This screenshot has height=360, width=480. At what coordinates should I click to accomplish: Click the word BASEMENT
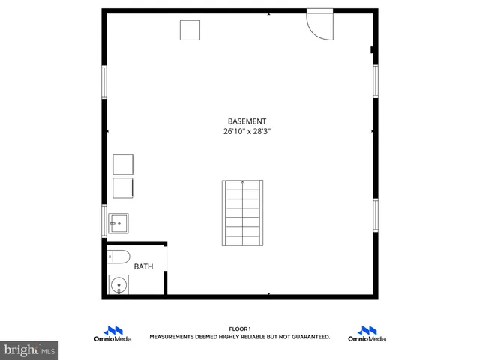tap(247, 121)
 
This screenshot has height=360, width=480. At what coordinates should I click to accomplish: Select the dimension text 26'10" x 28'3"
tap(247, 131)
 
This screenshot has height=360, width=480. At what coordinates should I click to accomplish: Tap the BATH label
tap(142, 266)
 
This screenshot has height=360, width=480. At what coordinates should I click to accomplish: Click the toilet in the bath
tap(118, 256)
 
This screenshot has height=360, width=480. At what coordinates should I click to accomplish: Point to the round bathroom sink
tap(118, 285)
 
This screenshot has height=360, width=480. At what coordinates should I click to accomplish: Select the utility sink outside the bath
tap(118, 223)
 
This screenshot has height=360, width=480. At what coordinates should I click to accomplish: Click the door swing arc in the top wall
tap(320, 26)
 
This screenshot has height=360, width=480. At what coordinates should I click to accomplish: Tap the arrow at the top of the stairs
tap(242, 181)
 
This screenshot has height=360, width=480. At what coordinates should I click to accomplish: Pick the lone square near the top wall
tap(190, 31)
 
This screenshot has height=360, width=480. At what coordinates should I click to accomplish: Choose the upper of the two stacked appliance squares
tap(123, 164)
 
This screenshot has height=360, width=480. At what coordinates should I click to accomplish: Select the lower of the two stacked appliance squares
tap(123, 187)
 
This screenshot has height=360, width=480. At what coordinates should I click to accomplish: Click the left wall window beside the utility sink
tap(105, 220)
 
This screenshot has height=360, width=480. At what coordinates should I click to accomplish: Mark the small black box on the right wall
tap(372, 51)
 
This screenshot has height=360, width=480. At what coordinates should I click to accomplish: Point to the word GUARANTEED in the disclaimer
tap(310, 337)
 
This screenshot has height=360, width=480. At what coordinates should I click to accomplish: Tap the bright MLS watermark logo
tap(30, 349)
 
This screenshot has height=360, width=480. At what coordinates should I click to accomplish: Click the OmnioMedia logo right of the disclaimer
tap(367, 334)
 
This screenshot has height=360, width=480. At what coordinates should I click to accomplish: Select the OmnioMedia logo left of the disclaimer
tap(113, 334)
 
